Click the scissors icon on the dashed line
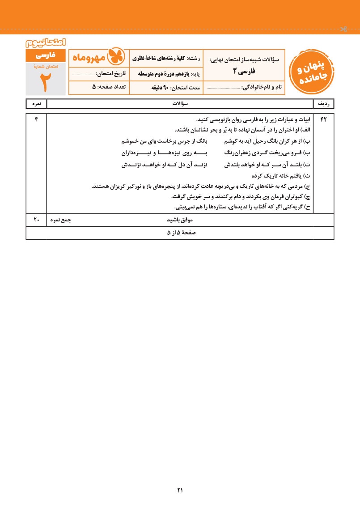(x=343, y=30)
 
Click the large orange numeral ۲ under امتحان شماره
(x=46, y=82)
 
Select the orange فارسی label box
(x=46, y=56)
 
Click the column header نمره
(x=36, y=103)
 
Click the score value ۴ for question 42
(x=36, y=120)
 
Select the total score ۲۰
(x=36, y=220)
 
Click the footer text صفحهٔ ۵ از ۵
(x=181, y=233)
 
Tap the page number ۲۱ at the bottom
(x=180, y=490)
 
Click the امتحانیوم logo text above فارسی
(x=46, y=43)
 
